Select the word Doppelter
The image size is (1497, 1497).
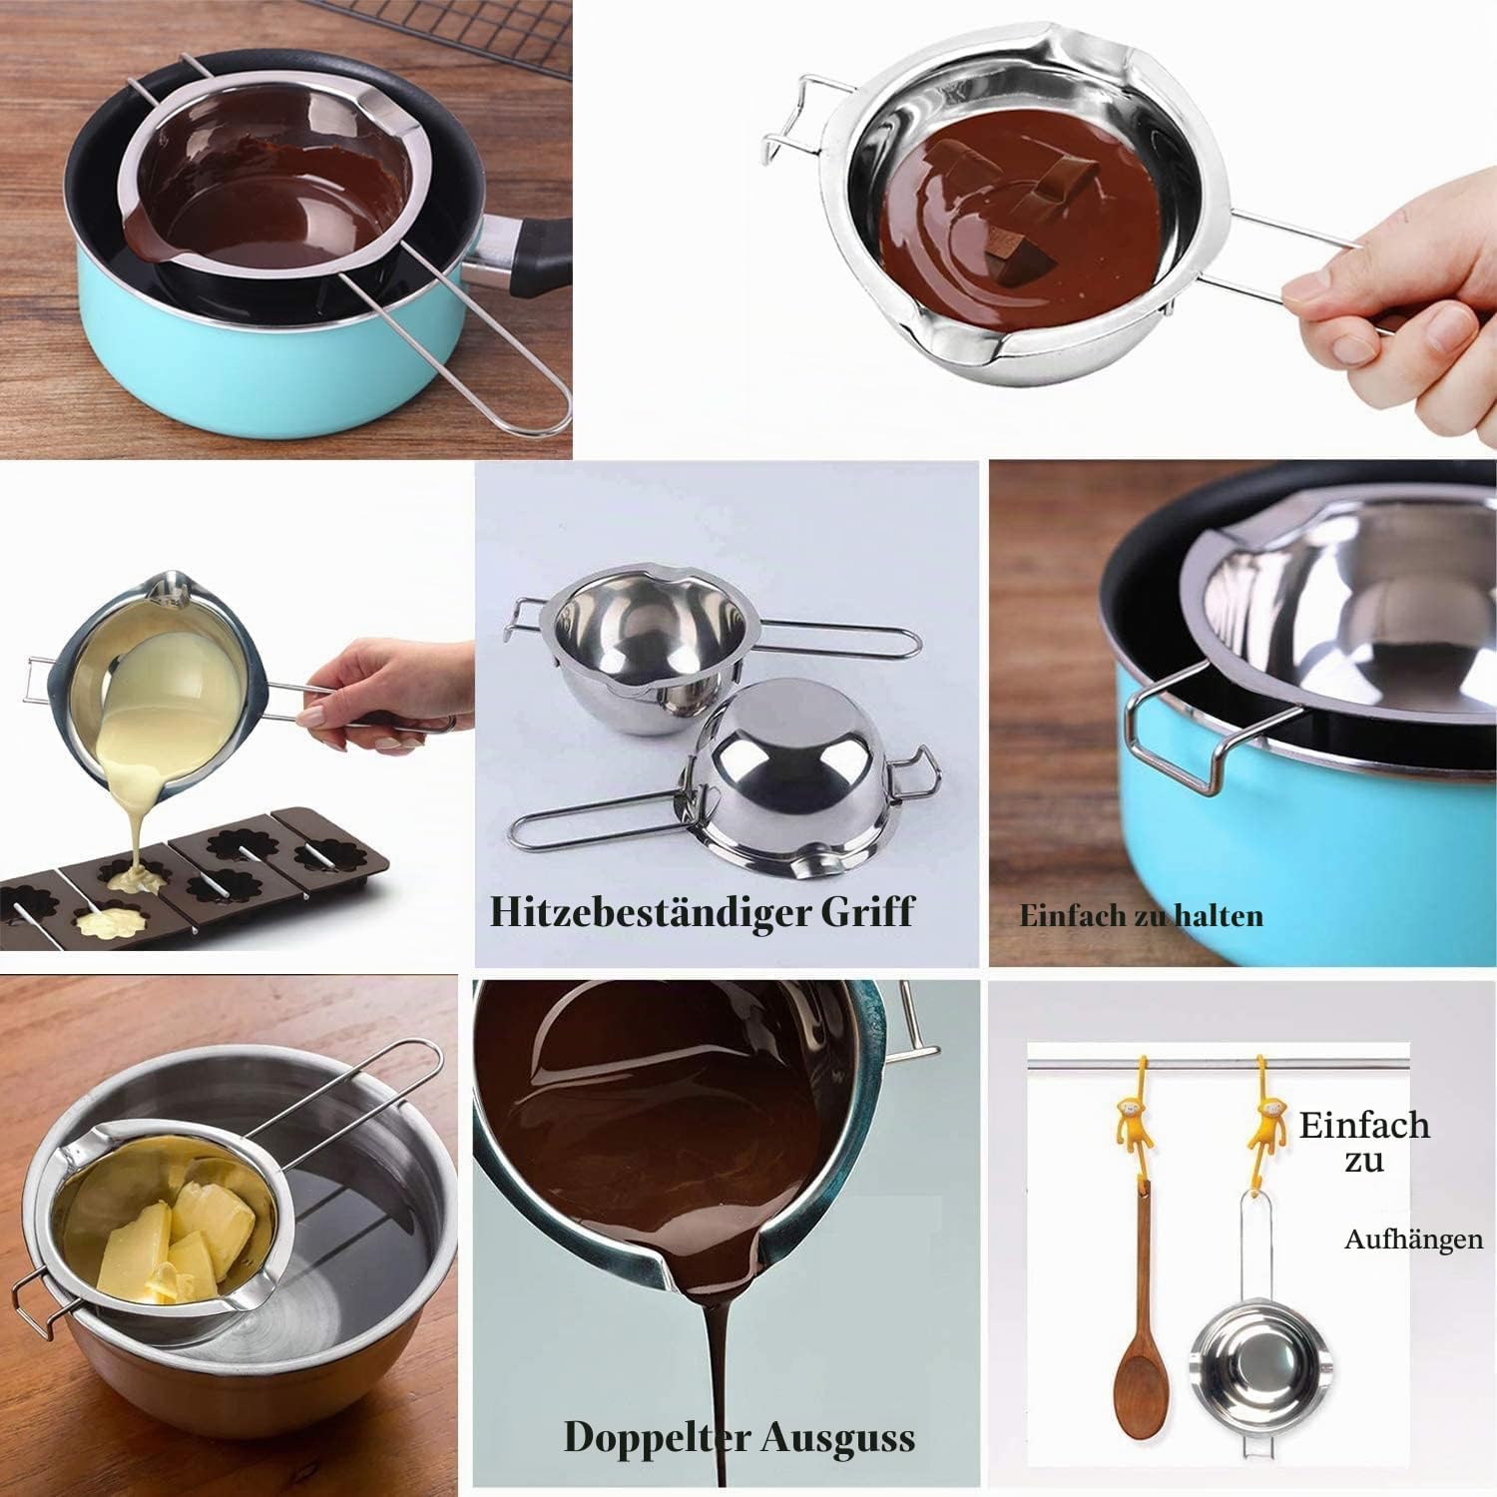[657, 1438]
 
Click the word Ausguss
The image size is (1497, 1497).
[837, 1439]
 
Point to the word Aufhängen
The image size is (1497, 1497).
[1413, 1241]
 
